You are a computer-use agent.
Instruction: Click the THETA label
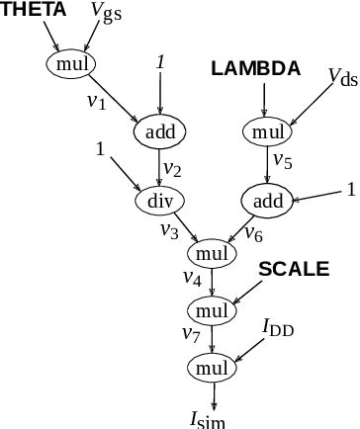(35, 10)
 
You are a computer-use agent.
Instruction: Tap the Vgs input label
(106, 12)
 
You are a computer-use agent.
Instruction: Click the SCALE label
(294, 269)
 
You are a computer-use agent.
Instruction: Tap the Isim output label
(215, 418)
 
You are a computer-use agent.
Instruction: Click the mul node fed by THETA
(69, 64)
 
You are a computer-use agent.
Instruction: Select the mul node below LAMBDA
(267, 131)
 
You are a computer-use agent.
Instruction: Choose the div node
(159, 201)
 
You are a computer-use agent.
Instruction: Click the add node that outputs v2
(159, 131)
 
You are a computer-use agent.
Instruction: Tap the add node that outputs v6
(267, 201)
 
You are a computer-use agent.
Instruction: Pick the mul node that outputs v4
(214, 253)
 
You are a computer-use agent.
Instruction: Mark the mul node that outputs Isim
(214, 368)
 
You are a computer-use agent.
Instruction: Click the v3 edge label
(169, 230)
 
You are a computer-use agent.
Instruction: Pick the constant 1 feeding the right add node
(351, 189)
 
